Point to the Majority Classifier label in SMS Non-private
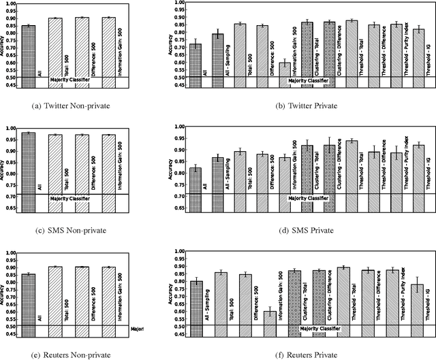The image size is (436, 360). click(x=69, y=198)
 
